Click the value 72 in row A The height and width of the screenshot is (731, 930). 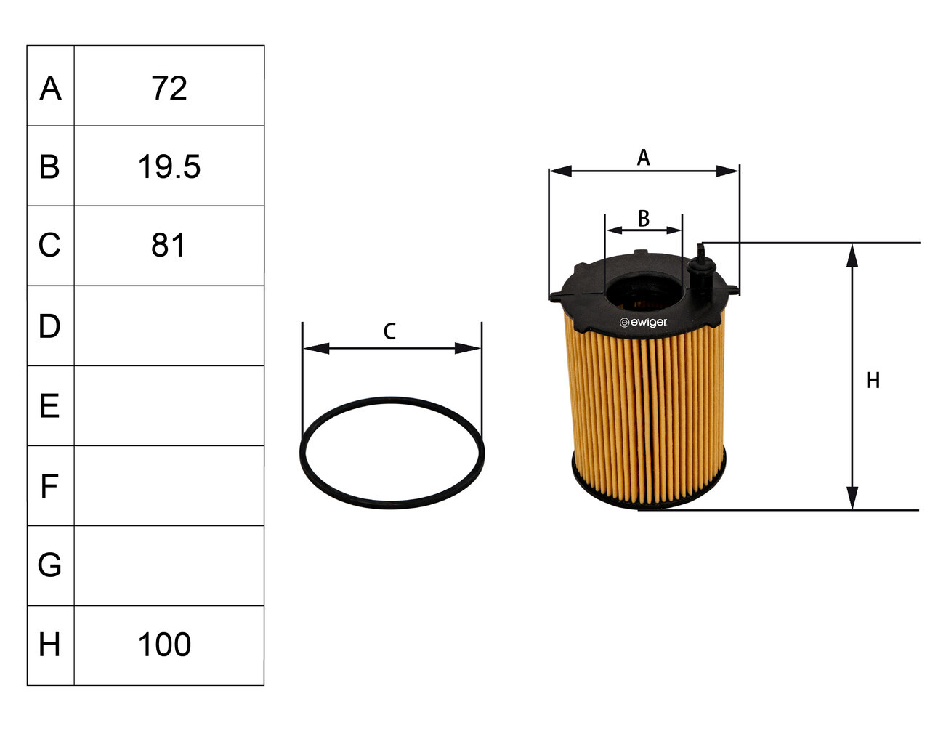click(x=169, y=88)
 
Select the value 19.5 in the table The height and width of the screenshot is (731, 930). click(x=169, y=166)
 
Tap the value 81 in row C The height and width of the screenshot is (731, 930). click(x=169, y=246)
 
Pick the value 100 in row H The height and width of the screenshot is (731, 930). click(x=165, y=645)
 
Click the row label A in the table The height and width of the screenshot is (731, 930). click(x=50, y=88)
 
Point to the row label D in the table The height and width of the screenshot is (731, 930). click(x=49, y=326)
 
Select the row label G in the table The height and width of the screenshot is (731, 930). click(x=49, y=565)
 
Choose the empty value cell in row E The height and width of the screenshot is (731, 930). click(x=169, y=405)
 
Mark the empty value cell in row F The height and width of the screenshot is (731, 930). click(x=169, y=485)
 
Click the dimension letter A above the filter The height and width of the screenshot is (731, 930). click(x=643, y=157)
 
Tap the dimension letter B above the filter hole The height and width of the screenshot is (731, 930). click(x=643, y=217)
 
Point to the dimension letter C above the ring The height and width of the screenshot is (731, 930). click(x=389, y=331)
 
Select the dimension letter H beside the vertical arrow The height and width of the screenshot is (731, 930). click(x=873, y=380)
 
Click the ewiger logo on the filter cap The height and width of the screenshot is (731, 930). click(x=643, y=322)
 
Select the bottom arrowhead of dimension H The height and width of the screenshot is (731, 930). click(x=852, y=500)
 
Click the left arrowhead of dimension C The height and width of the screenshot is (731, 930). click(x=313, y=348)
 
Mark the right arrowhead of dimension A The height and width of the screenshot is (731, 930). click(x=729, y=171)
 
